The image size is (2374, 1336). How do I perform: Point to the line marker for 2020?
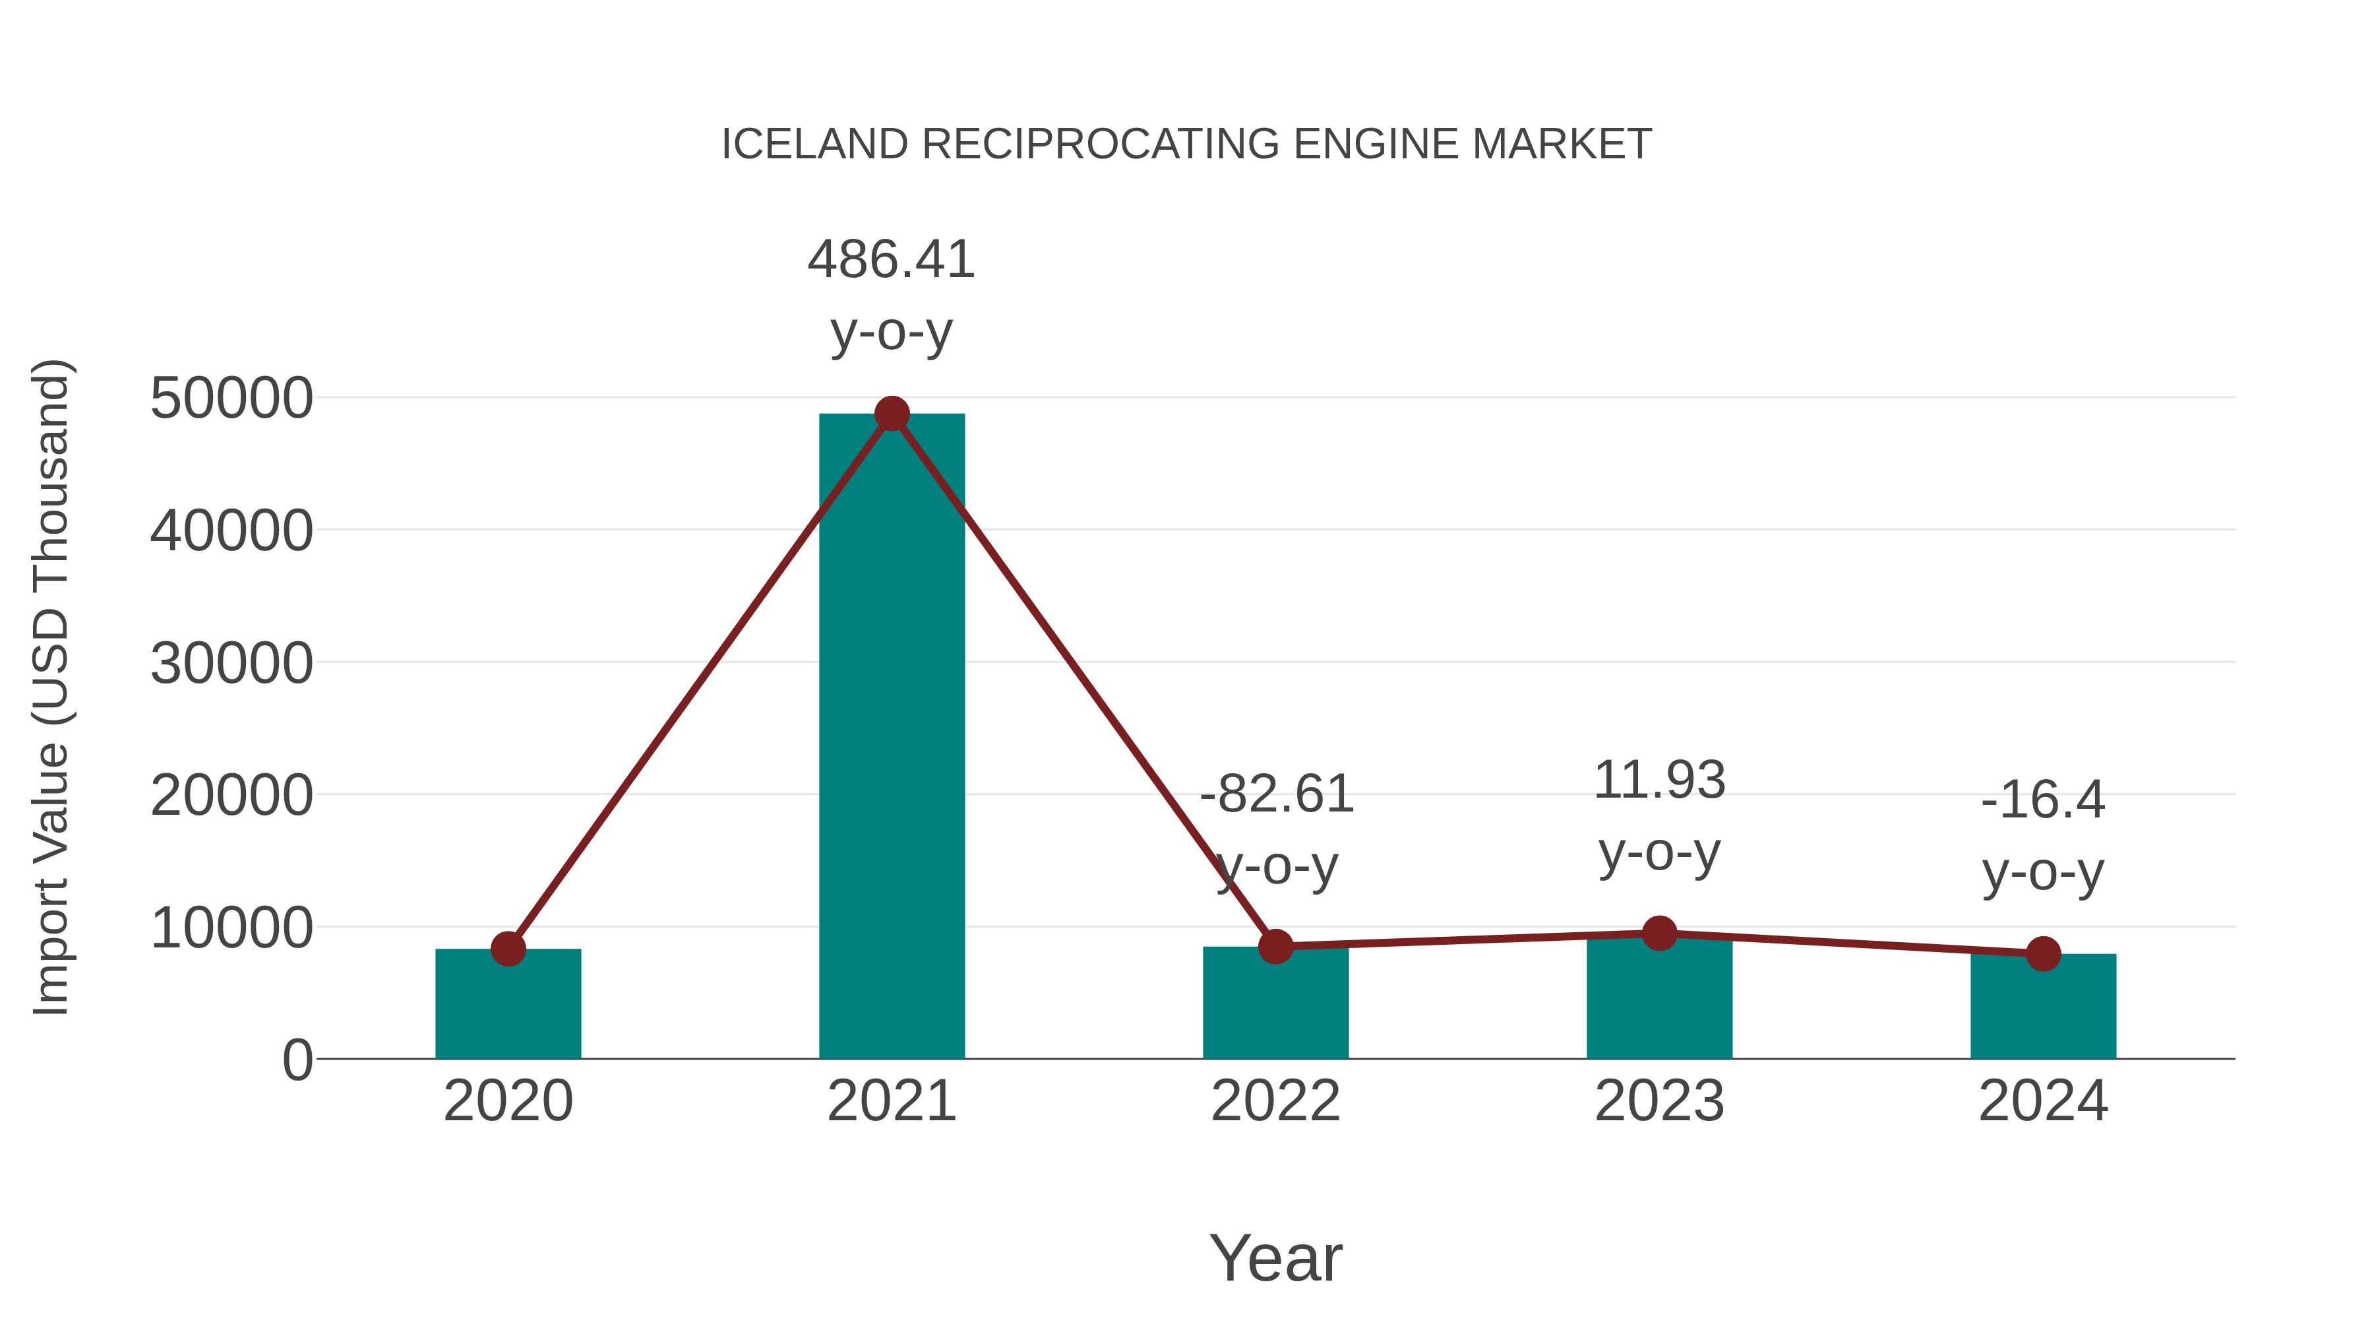click(508, 949)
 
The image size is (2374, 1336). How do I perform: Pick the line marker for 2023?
click(1659, 933)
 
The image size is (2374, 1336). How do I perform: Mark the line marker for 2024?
click(2043, 953)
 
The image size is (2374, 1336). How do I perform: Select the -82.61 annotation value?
click(1277, 794)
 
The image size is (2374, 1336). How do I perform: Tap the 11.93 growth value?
click(1659, 780)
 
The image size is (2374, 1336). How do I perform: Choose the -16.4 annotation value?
click(2043, 800)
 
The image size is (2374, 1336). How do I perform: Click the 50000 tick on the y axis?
click(231, 398)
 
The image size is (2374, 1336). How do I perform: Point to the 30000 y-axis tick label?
click(231, 663)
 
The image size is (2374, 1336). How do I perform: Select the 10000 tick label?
click(231, 928)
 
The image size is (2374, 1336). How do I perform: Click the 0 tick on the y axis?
click(297, 1060)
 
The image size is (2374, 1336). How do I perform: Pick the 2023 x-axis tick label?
click(1659, 1101)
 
